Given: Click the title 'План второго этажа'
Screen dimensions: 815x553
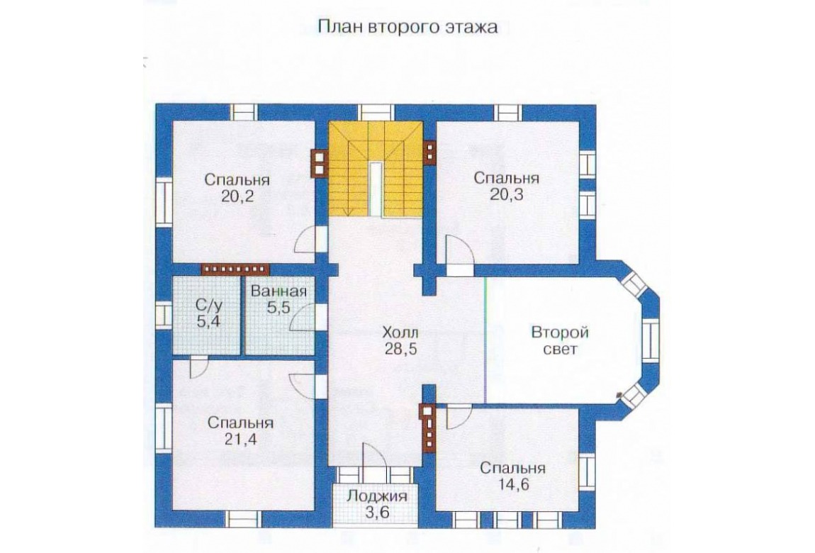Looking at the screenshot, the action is tap(407, 26).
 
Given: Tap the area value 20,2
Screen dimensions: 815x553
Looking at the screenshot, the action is tap(237, 196).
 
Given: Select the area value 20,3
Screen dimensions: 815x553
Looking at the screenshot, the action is tap(506, 195).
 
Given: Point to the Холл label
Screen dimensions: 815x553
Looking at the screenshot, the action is tap(400, 332).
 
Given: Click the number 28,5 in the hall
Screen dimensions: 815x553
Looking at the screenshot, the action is tap(400, 349).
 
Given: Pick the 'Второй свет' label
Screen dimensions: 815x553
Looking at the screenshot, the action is tap(560, 340).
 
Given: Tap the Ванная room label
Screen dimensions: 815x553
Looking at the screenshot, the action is tap(279, 291).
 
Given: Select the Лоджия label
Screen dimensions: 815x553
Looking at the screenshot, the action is tap(377, 496).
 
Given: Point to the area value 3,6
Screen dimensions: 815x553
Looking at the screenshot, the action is tap(377, 513).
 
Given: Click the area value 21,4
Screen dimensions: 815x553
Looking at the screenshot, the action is tap(240, 440).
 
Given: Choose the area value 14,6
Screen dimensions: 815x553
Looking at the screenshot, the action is tap(512, 485).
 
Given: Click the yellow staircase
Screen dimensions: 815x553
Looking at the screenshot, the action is tap(376, 169).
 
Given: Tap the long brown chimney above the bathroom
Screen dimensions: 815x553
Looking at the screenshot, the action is tap(236, 269).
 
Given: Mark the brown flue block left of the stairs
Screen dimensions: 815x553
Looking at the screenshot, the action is tap(319, 164).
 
